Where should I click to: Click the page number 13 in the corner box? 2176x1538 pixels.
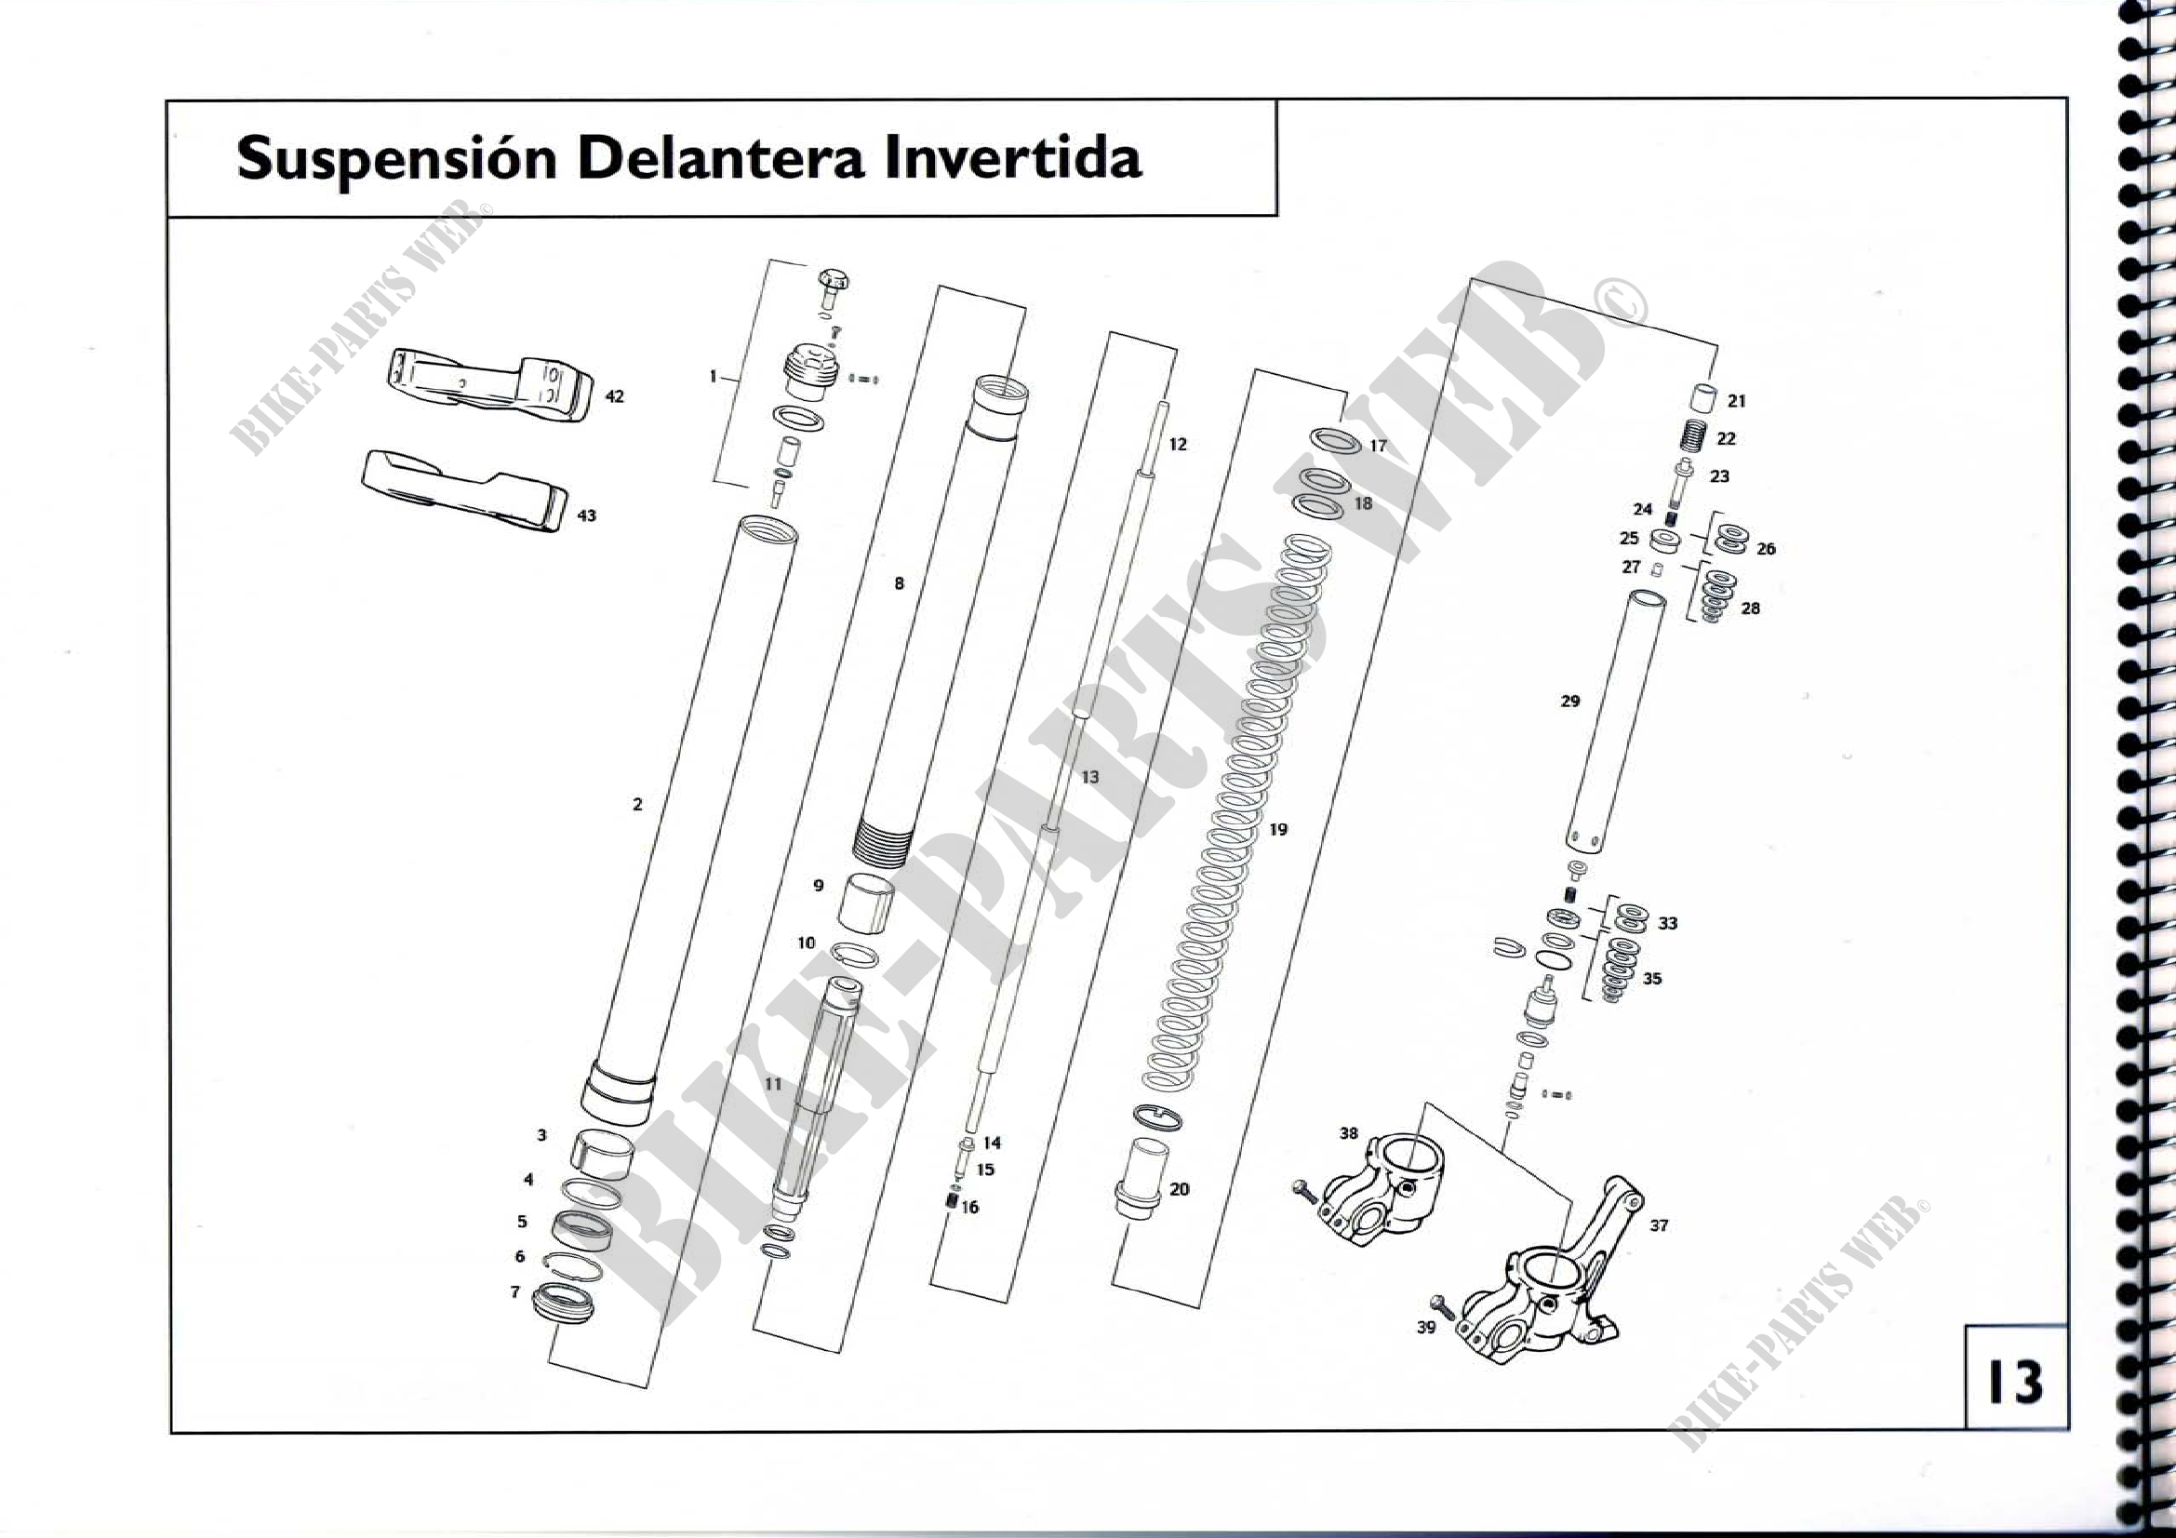[x=2016, y=1382]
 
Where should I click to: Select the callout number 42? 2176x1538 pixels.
[x=614, y=396]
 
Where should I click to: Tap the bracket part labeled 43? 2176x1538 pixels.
[x=464, y=489]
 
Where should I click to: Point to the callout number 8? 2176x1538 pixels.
[x=900, y=583]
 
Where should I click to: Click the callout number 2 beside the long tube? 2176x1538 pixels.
[x=637, y=805]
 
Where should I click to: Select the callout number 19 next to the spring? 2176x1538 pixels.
[x=1277, y=829]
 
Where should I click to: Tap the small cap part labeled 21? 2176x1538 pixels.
[x=1704, y=398]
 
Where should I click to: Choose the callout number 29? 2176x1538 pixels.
[x=1569, y=702]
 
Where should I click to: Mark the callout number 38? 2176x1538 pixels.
[x=1349, y=1133]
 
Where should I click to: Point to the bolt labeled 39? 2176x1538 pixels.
[x=1446, y=1308]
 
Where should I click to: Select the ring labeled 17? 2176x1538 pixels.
[x=1334, y=442]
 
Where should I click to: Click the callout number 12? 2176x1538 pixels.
[x=1177, y=445]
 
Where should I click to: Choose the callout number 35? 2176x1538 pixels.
[x=1652, y=978]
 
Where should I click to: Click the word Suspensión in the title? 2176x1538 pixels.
[x=396, y=159]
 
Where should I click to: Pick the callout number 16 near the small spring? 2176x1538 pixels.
[x=969, y=1208]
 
